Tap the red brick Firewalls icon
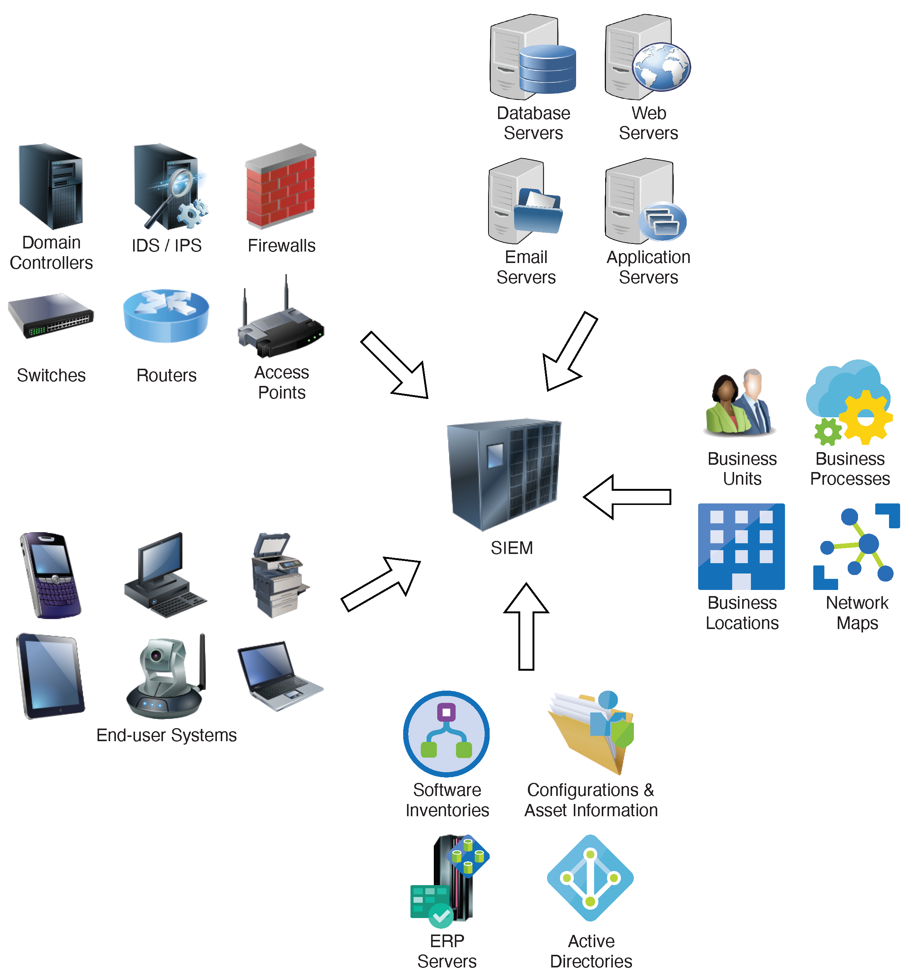tap(281, 187)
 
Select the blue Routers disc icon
tap(166, 315)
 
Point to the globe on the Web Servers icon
tap(661, 67)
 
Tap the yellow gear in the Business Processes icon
tap(865, 418)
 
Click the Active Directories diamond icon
tap(590, 877)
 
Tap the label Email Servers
tap(526, 267)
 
